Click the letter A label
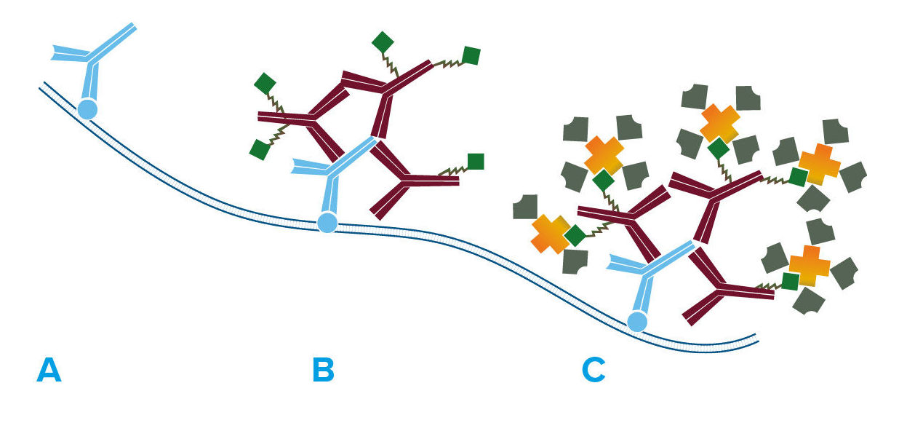point(49,370)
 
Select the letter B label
point(323,370)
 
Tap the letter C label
point(594,370)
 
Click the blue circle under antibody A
point(87,109)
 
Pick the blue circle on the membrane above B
point(328,222)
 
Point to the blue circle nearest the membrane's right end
point(637,321)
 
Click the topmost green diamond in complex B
point(383,42)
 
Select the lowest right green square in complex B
point(476,162)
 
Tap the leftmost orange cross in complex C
point(551,234)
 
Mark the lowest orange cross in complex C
point(809,266)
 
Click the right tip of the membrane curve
point(757,340)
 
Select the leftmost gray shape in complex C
point(525,207)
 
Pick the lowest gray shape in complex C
point(807,301)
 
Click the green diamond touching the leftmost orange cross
point(575,235)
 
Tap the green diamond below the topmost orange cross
point(719,148)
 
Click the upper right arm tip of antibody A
point(134,27)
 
